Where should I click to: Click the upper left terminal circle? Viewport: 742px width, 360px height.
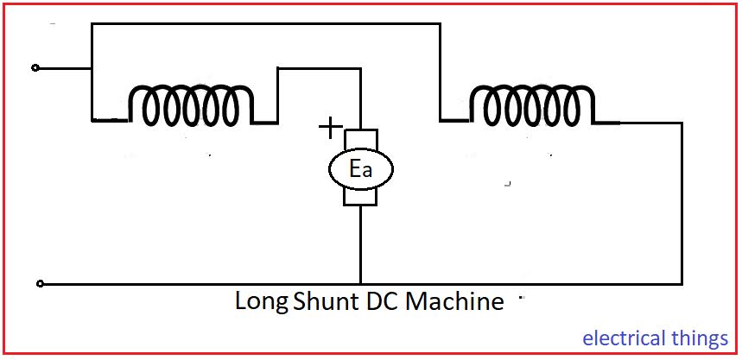35,67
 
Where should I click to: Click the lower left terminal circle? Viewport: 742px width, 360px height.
40,283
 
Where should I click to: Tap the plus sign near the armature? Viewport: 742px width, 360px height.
329,129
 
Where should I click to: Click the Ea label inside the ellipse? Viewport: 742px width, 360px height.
360,170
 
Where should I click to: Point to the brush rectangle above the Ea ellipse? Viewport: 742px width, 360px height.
360,139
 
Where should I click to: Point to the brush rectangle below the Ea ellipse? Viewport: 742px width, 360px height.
360,198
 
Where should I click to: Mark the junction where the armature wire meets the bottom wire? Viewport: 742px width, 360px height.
360,284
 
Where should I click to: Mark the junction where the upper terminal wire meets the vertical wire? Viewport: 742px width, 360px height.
92,67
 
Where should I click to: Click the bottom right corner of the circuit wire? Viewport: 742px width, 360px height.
682,284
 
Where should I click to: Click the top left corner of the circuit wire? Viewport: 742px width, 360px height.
92,25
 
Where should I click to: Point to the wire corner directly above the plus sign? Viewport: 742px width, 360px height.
360,67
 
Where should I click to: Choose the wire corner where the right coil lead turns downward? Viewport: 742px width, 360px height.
682,122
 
